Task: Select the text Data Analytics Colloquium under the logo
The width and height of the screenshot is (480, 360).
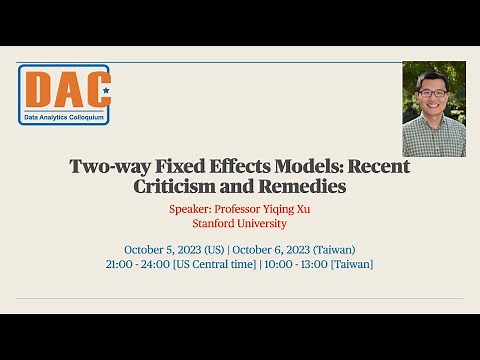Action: tap(64, 117)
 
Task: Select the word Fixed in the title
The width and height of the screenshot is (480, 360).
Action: tap(182, 167)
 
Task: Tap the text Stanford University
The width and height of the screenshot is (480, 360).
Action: tap(239, 224)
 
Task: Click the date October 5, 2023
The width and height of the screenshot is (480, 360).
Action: tap(165, 249)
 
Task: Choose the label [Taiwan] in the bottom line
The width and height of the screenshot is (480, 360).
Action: tap(352, 264)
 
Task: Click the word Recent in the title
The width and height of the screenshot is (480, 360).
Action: tap(378, 167)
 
